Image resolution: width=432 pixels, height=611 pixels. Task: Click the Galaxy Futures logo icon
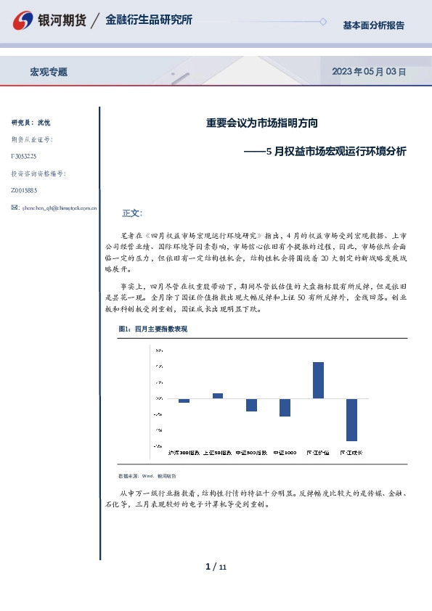tap(23, 20)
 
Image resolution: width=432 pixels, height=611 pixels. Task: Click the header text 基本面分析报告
tap(373, 25)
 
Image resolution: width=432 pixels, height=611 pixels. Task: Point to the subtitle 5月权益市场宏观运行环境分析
tap(336, 152)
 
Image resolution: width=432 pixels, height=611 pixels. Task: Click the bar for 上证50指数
tap(218, 395)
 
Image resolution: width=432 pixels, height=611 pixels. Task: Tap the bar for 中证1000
tap(285, 407)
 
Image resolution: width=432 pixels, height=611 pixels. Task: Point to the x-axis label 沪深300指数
tap(184, 451)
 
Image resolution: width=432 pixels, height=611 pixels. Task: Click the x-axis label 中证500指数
tap(251, 451)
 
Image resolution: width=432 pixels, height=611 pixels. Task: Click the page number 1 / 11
tap(216, 566)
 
